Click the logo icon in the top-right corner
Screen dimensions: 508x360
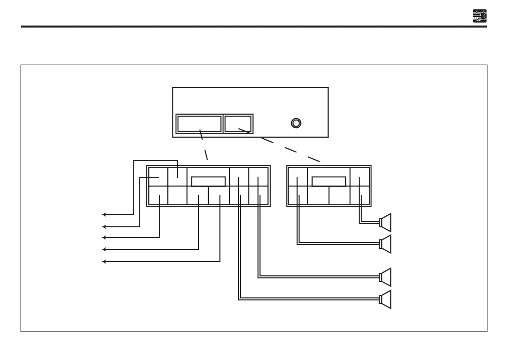click(479, 16)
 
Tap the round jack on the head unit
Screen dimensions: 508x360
click(296, 123)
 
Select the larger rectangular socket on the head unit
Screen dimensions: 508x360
click(200, 124)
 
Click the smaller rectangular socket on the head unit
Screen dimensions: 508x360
click(238, 124)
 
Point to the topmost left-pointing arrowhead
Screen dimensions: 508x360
click(104, 214)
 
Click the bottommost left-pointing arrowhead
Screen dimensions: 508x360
click(104, 261)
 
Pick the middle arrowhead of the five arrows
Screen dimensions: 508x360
click(104, 237)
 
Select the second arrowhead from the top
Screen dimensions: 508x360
click(104, 226)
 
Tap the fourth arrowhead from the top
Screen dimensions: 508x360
click(104, 249)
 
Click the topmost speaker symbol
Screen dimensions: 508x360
click(385, 222)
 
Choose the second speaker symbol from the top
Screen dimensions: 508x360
click(385, 244)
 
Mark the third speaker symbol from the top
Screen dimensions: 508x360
click(385, 277)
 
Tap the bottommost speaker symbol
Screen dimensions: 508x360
click(385, 299)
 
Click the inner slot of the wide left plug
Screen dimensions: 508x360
click(208, 181)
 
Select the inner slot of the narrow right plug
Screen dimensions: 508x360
click(329, 181)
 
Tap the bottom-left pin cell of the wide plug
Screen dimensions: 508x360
click(158, 195)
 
